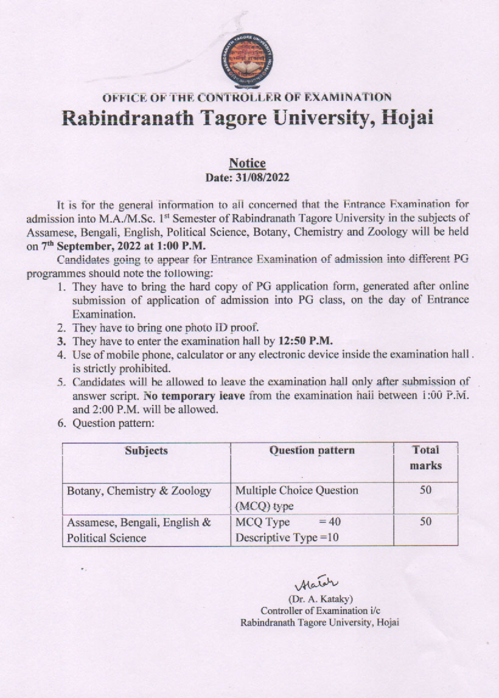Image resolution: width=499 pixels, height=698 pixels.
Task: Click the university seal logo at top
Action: coord(246,61)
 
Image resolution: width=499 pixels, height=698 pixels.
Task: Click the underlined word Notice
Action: coord(247,163)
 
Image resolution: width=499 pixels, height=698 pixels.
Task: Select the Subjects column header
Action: coord(146,451)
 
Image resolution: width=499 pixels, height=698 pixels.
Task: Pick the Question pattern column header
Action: coord(312,451)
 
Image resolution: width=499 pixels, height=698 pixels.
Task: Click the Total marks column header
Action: coord(425,458)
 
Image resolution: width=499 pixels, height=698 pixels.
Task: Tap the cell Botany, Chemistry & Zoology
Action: coord(139,491)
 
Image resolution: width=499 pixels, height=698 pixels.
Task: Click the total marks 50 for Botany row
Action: coord(425,489)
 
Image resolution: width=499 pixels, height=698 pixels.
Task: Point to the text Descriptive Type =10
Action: coord(287,537)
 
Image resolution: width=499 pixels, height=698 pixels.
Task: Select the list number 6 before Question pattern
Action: coord(61,424)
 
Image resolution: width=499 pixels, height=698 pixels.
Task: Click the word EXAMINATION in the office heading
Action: coord(347,97)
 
